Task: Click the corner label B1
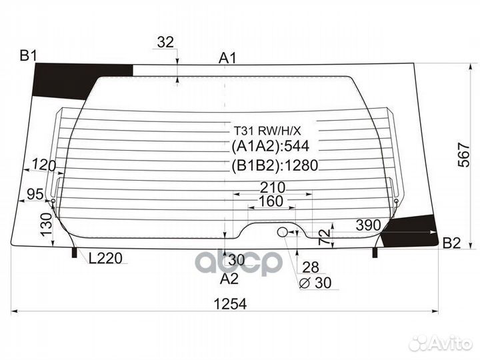coord(28,56)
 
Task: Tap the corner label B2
coord(452,243)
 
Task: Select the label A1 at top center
coord(227,58)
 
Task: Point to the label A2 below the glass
coord(229,279)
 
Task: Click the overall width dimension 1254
coord(230,304)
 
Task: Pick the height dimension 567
coord(463,155)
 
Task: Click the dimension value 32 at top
coord(165,42)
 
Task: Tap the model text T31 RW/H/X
coord(267,131)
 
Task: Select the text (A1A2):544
coord(270,147)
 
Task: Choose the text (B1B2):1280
coord(275,165)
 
